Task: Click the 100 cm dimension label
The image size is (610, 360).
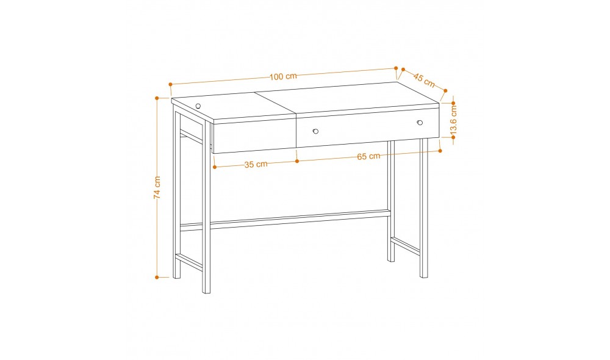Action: [283, 76]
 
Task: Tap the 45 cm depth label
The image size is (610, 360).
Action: [424, 80]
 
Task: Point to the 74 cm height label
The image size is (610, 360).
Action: [157, 187]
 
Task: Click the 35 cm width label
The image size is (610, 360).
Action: [256, 164]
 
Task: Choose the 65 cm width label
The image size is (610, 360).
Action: [368, 156]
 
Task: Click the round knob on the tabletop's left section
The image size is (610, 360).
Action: [198, 106]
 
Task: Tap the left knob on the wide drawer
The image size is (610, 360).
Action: [315, 131]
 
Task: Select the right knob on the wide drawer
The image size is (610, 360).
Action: [420, 123]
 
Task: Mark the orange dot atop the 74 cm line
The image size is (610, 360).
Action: [157, 98]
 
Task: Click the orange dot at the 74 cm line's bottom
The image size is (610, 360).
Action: [157, 278]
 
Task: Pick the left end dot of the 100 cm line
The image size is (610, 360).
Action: [170, 84]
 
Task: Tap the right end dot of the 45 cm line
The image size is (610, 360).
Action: [445, 91]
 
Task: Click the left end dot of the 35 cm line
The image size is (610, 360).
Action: [215, 167]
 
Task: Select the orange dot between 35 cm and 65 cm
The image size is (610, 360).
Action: [297, 160]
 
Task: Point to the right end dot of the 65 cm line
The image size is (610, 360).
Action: [440, 151]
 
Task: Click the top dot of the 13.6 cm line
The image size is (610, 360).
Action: [453, 103]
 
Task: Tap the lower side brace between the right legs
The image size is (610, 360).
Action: [406, 246]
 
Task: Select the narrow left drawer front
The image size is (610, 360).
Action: [254, 136]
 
